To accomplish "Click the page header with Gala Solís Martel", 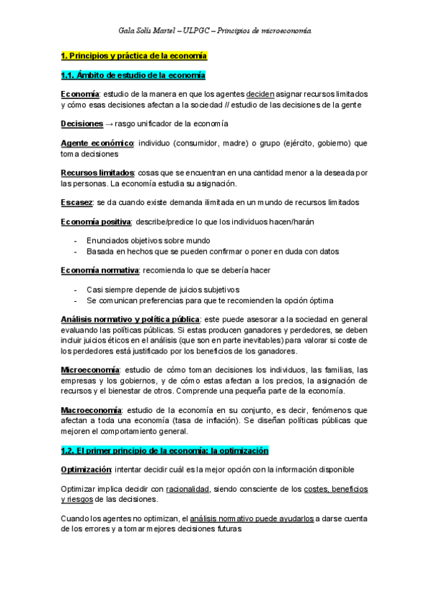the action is click(214, 32).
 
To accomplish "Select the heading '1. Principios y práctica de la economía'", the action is click(134, 55).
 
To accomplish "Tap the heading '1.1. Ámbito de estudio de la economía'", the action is click(133, 75).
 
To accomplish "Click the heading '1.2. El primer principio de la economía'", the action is click(165, 451).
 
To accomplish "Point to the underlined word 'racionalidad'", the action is click(187, 488).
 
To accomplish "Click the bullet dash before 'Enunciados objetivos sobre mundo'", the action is click(74, 240).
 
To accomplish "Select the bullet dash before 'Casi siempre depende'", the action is click(74, 289).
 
